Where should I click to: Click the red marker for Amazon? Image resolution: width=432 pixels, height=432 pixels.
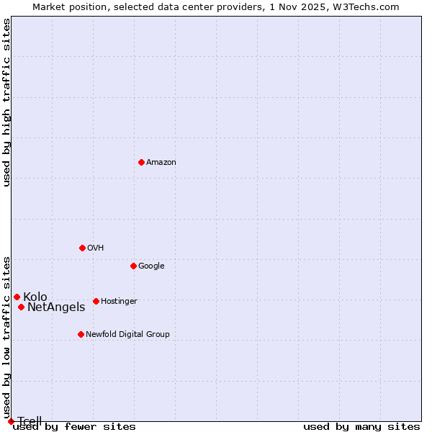tap(141, 162)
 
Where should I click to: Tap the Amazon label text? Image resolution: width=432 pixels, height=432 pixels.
tap(161, 163)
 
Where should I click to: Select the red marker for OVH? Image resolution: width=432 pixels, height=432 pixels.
tap(82, 248)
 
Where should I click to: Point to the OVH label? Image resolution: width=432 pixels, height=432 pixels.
tap(96, 248)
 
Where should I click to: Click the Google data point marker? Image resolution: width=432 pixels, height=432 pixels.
tap(133, 266)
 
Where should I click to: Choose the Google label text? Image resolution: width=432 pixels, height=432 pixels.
tap(151, 266)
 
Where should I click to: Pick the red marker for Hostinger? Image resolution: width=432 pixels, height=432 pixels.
tap(96, 301)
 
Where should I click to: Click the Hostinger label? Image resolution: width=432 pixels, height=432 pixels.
tap(119, 302)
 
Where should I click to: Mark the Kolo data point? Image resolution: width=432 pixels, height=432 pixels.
tap(17, 297)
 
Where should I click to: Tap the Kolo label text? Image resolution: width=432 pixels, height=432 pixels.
tap(35, 297)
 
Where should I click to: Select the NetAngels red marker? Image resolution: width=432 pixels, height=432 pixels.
tap(21, 307)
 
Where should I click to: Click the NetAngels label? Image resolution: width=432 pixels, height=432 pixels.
tap(56, 307)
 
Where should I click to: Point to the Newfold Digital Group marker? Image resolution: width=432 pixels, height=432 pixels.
tap(81, 334)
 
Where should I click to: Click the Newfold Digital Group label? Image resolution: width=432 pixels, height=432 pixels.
tap(127, 335)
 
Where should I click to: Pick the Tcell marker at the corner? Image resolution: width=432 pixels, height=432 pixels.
tap(11, 421)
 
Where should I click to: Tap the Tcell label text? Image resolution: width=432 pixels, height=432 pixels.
tap(30, 421)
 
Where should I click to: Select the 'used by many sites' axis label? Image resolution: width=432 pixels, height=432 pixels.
tap(361, 427)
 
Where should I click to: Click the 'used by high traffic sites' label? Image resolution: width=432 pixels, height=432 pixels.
tap(7, 102)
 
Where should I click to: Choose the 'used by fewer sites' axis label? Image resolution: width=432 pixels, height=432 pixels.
tap(74, 427)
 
